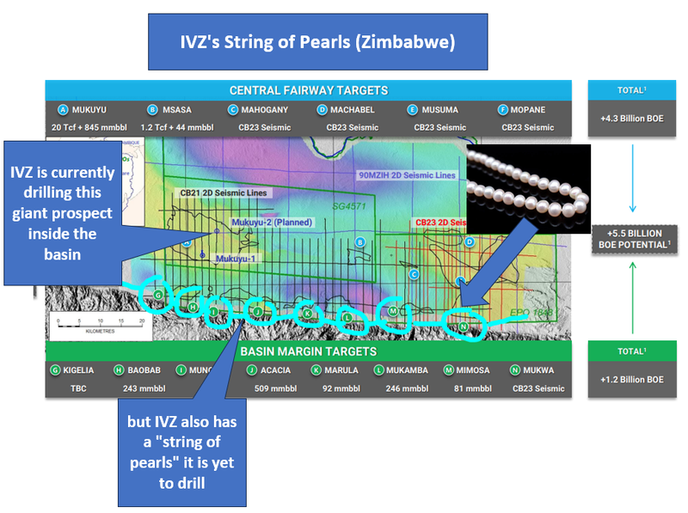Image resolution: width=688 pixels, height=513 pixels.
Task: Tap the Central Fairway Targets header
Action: [x=308, y=90]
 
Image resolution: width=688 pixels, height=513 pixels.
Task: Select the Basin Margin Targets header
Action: [x=308, y=351]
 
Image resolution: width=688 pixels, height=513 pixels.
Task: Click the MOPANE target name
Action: [x=535, y=110]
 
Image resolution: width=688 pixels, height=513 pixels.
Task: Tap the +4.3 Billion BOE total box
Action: [x=632, y=119]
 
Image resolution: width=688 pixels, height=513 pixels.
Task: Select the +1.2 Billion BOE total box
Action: [x=632, y=379]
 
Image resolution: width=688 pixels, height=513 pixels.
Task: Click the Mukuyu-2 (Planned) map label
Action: [x=272, y=223]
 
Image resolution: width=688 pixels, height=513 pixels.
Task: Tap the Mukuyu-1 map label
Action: [x=237, y=258]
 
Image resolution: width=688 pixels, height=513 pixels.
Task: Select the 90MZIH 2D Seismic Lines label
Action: [x=407, y=175]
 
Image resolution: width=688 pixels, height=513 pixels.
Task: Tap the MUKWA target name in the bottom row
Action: [x=541, y=370]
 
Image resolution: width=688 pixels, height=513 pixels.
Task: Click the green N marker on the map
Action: [x=463, y=327]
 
